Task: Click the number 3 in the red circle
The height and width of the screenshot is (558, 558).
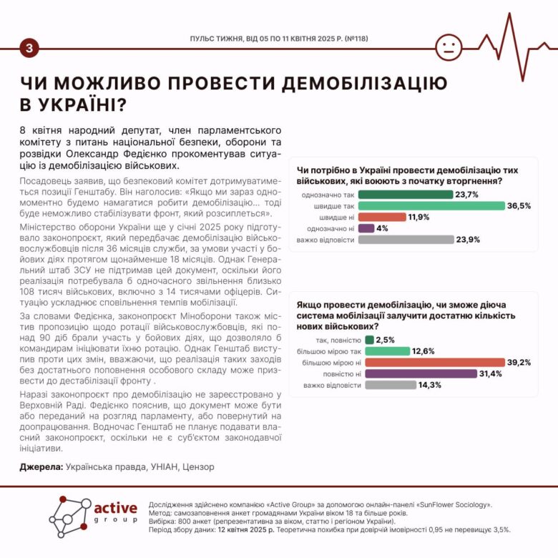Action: [29, 48]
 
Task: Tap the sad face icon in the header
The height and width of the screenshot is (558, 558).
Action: [449, 48]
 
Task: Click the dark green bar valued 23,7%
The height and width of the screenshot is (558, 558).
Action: [405, 194]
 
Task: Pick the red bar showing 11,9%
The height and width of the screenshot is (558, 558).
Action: [381, 217]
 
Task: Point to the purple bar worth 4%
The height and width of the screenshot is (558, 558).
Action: [366, 228]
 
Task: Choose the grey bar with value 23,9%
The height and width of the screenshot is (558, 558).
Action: [406, 240]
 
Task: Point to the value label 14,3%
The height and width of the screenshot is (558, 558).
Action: [431, 385]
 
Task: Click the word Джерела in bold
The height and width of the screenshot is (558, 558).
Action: [40, 467]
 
